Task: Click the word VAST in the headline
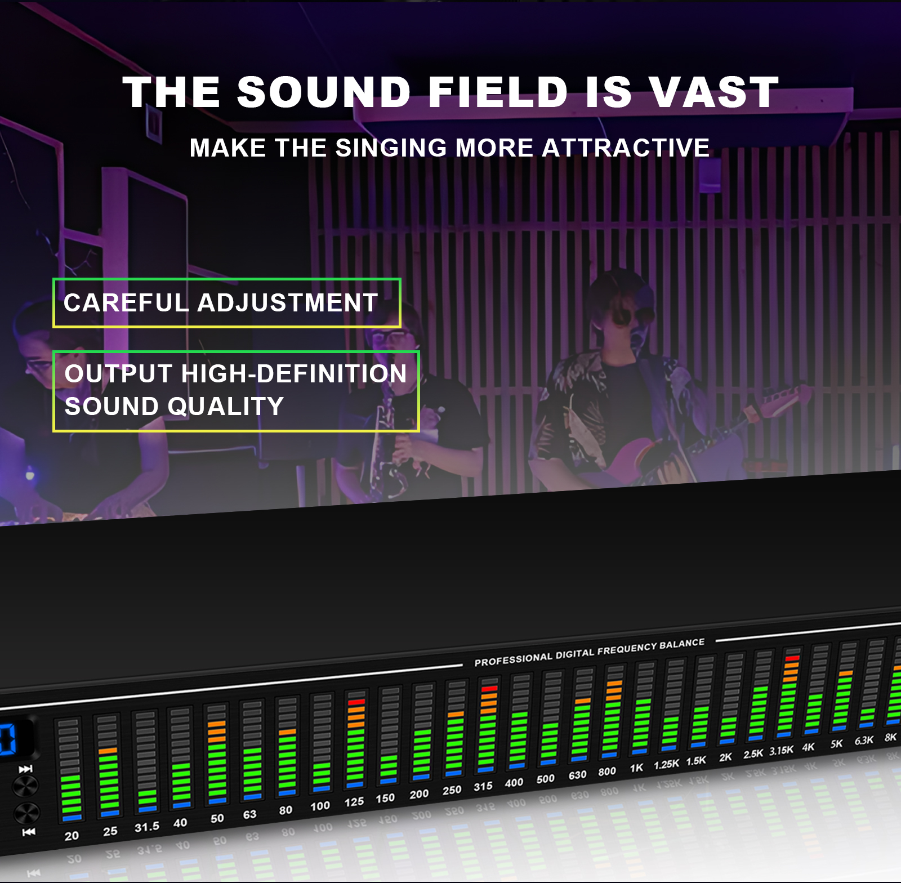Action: click(x=714, y=92)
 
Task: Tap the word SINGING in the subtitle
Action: click(x=392, y=148)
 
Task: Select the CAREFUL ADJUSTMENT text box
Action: click(x=226, y=303)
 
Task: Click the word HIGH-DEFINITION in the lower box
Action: click(x=293, y=374)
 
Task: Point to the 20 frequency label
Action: click(x=72, y=836)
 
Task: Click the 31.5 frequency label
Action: click(x=146, y=827)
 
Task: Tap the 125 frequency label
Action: click(x=354, y=802)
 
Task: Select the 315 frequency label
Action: click(x=483, y=787)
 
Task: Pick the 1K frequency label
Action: click(x=636, y=768)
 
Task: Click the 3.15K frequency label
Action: click(x=781, y=751)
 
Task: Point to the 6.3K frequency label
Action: click(x=864, y=741)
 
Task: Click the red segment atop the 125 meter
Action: click(x=356, y=702)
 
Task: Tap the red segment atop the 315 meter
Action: click(x=489, y=688)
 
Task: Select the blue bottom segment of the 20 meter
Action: click(x=72, y=818)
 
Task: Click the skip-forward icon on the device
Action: click(x=25, y=769)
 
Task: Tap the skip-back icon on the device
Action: click(x=28, y=832)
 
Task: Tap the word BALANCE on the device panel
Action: click(x=683, y=644)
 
